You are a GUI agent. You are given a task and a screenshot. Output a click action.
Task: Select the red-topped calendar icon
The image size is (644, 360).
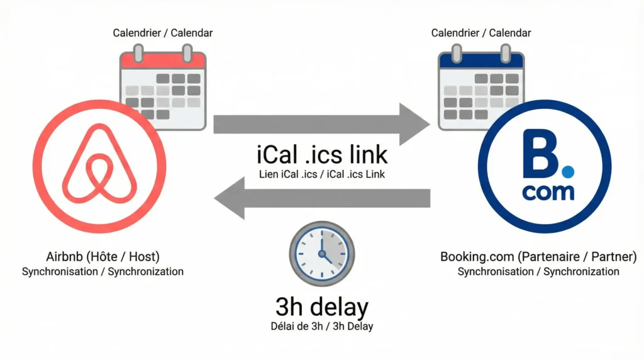163,88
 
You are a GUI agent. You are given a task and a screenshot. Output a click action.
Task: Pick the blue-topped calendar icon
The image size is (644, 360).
481,88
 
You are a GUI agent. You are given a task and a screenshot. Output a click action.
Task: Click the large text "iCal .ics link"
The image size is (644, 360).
322,154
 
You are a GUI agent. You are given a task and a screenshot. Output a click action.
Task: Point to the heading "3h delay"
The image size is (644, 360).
322,307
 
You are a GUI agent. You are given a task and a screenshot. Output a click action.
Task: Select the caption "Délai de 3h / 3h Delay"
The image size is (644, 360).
322,327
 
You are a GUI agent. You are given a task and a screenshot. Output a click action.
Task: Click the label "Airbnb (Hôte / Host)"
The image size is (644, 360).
103,257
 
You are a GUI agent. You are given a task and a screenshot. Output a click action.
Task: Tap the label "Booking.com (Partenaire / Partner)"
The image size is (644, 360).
538,257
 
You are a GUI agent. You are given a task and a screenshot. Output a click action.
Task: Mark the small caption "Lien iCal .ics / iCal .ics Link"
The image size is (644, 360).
322,174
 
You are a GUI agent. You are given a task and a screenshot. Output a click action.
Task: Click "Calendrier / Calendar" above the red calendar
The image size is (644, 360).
162,32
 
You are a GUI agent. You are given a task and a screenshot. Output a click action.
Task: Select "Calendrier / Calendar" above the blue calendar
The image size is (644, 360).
480,32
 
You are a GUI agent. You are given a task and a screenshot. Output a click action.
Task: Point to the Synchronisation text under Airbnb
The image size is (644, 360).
103,272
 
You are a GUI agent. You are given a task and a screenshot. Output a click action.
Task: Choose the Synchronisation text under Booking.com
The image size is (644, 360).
538,272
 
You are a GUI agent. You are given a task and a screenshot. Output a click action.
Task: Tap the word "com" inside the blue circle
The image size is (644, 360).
548,192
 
